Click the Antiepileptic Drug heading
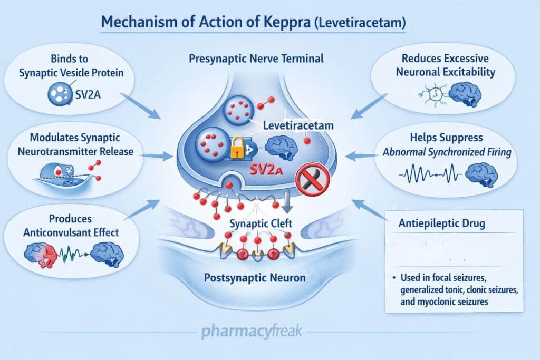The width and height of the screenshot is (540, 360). click(x=441, y=223)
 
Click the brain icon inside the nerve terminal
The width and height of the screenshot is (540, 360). click(x=282, y=148)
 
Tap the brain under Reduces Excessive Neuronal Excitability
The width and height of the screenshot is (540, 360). click(x=464, y=95)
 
